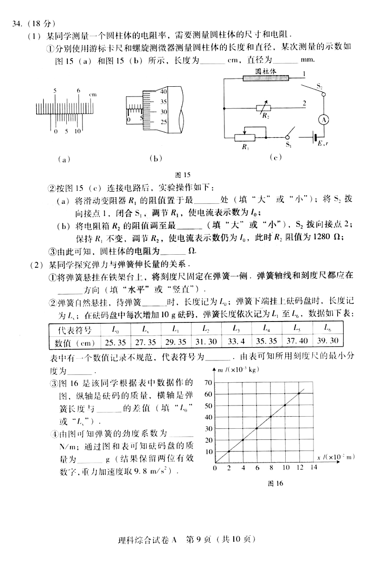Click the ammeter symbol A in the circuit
coord(325,119)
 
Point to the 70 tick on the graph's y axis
coord(207,382)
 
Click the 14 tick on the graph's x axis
coord(314,468)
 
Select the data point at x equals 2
coord(229,451)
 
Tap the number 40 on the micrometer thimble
coord(163,92)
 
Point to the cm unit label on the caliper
coord(93,95)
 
